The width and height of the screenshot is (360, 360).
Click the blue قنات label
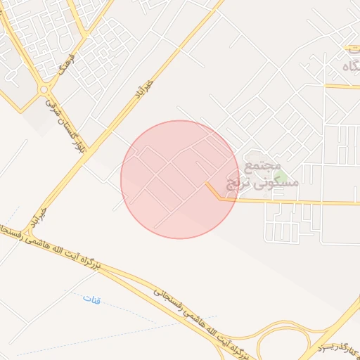coord(91,300)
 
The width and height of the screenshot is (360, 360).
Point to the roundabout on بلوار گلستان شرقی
coord(44,89)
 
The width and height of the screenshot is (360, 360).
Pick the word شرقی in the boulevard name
coord(50,108)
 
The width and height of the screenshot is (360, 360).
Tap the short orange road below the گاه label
coord(343,86)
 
